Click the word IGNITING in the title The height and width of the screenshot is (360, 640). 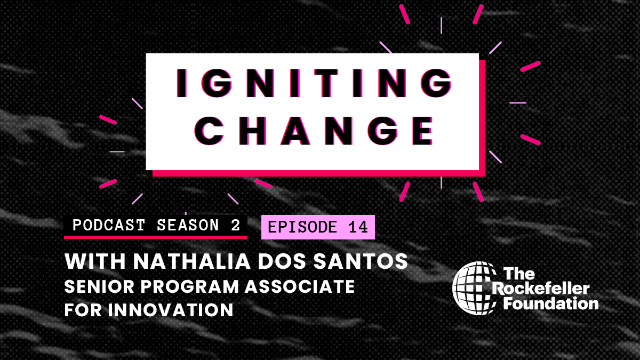point(314,83)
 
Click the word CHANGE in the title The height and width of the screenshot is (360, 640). point(314,131)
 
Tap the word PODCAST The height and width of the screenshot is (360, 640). point(109,225)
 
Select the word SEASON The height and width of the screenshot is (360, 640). point(188,225)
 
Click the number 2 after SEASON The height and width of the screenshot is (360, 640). point(235,225)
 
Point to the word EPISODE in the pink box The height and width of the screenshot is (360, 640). point(302,227)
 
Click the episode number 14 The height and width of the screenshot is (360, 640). point(358,227)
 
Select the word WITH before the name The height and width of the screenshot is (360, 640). point(95,261)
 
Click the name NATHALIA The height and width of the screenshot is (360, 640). point(192,261)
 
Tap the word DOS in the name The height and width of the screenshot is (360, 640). point(282,261)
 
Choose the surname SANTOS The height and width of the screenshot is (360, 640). point(361,261)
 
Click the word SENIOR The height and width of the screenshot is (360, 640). point(99,286)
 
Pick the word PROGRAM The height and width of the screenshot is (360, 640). point(189,286)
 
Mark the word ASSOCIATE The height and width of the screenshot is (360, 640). point(300,286)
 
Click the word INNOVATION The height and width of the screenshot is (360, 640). point(171,310)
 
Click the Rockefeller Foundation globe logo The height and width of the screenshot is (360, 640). point(474,288)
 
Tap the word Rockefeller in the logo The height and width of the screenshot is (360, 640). point(540,289)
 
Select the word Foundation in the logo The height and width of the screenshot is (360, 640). point(550,303)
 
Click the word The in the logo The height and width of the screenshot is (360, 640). point(519,274)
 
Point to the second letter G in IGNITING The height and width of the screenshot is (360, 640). point(436,83)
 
